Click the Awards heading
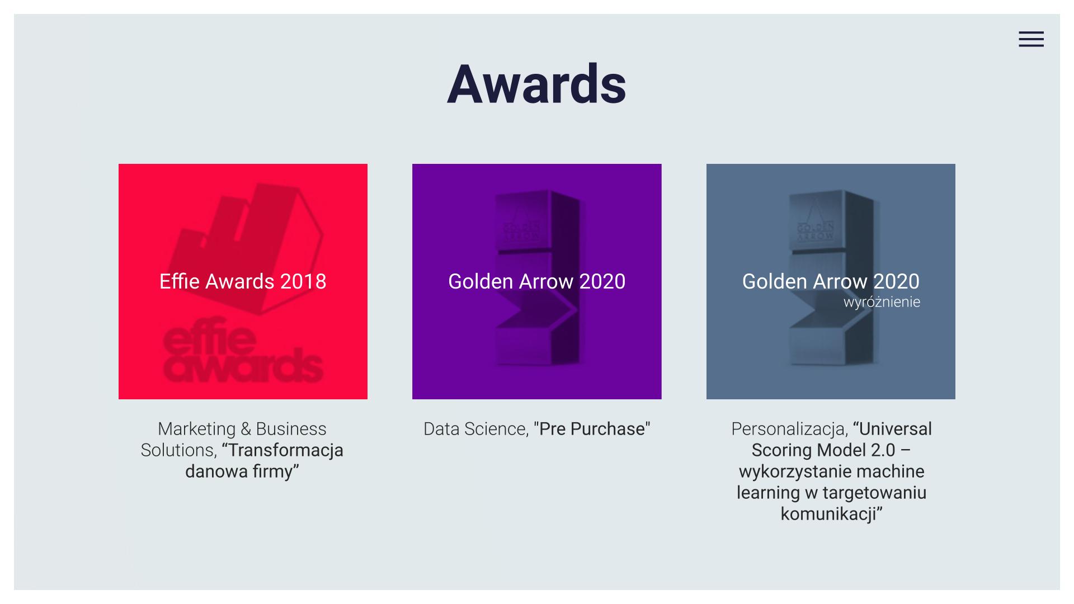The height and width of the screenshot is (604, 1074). [536, 84]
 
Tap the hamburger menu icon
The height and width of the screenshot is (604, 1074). [1031, 39]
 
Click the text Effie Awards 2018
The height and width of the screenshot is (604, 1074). [243, 281]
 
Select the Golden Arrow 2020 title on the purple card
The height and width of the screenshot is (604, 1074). [536, 281]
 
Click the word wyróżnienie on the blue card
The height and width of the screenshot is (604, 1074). [882, 302]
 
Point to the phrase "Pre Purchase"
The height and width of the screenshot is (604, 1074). [592, 429]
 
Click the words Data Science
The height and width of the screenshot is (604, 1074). [475, 429]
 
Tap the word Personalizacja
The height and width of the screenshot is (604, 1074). [789, 429]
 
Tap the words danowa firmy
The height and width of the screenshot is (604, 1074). [242, 471]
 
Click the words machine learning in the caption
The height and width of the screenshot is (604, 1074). [831, 482]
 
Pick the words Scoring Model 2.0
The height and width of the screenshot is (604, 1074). [823, 450]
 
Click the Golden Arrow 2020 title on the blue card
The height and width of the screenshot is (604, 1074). [831, 281]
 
